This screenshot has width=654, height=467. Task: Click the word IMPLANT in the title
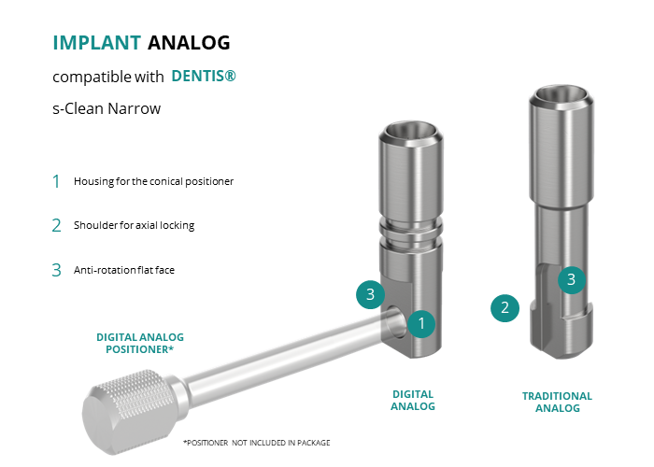pos(97,43)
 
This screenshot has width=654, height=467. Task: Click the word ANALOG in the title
pos(189,43)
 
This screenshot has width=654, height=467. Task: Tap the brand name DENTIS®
pos(204,76)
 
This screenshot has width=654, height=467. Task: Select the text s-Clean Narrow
pos(107,108)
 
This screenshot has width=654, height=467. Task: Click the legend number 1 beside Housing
pos(56,181)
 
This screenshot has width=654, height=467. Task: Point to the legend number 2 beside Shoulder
pos(56,226)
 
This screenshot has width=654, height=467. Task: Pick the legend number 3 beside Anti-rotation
pos(56,270)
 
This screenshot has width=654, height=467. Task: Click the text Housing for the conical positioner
pos(153,181)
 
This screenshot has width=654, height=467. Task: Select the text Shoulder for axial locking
pos(134,225)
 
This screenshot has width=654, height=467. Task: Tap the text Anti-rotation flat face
pos(124,270)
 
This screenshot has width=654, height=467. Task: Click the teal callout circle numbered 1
pos(421,323)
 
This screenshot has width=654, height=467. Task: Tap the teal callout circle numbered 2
pos(505,308)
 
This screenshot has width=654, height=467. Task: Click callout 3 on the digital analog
pos(370,294)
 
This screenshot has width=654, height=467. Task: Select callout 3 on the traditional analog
pos(572,279)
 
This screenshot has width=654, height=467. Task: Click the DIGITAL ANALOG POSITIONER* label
pos(140,343)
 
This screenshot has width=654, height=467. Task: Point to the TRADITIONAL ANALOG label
pos(557,402)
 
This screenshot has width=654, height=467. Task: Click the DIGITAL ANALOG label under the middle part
pos(413,401)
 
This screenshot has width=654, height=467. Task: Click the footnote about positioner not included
pos(257,443)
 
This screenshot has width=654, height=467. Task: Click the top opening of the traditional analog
pos(562,95)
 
